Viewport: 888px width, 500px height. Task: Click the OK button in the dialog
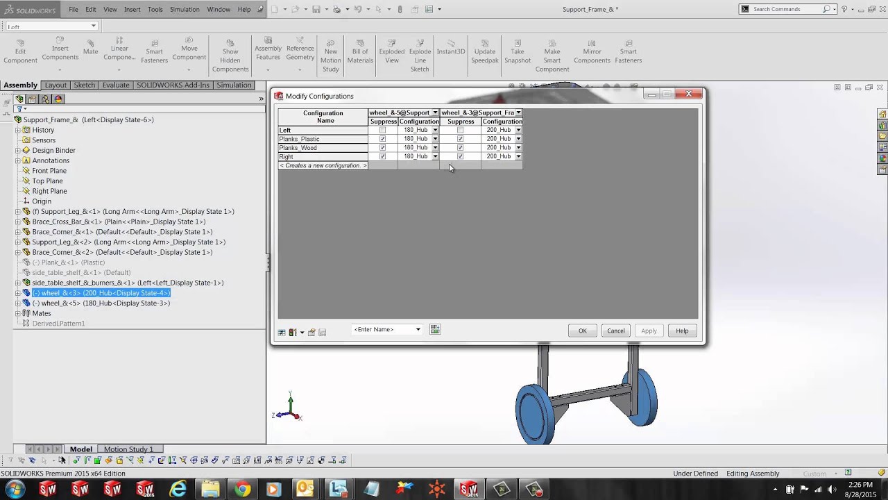(x=582, y=331)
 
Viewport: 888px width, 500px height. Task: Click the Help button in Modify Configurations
(x=682, y=331)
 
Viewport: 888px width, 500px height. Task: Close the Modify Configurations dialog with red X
(x=689, y=94)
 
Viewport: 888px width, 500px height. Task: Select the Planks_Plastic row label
(x=299, y=139)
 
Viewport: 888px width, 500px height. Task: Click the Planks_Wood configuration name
(x=298, y=148)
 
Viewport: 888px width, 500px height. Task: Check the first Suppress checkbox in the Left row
(x=382, y=130)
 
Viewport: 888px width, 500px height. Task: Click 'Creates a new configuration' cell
(x=323, y=165)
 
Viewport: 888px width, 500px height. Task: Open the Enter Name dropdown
(x=418, y=329)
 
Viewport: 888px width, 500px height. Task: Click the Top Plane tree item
(x=47, y=181)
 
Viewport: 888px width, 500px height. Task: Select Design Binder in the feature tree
(x=53, y=150)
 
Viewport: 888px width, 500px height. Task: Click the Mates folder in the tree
(x=42, y=313)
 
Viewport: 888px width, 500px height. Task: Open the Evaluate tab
(x=116, y=85)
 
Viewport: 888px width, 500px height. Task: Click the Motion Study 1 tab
(x=128, y=449)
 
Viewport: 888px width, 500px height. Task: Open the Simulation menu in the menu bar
(x=185, y=9)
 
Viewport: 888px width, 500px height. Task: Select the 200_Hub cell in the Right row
(x=498, y=156)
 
